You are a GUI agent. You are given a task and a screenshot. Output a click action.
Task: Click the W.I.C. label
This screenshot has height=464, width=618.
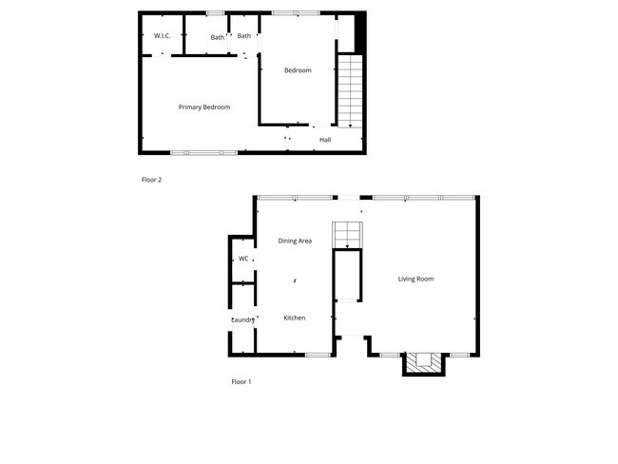[162, 36]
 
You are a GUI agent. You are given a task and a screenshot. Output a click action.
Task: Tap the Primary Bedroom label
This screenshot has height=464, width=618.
[204, 107]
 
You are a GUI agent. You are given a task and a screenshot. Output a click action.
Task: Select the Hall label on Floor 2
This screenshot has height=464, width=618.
[325, 140]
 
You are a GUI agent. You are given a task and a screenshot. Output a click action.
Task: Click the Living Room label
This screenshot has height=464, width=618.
[415, 279]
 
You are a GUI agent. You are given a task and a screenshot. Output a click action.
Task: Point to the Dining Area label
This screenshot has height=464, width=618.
[295, 241]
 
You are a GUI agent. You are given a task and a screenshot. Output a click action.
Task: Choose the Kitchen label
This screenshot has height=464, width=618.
[295, 318]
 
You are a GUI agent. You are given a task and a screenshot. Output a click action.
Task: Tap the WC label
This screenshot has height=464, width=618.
[243, 259]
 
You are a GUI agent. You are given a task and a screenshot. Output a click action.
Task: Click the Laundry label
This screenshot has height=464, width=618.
[243, 319]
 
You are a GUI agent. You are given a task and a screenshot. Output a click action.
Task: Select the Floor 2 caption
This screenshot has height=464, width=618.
[151, 179]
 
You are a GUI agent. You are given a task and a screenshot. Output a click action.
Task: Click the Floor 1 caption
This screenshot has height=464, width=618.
[241, 381]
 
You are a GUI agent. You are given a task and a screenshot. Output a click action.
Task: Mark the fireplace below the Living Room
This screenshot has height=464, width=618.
[423, 362]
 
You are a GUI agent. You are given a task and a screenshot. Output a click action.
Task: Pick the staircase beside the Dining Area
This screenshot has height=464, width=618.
[347, 234]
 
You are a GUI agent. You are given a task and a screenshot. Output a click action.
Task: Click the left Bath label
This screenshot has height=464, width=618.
[218, 37]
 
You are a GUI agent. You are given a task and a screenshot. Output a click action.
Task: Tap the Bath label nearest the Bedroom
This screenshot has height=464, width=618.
[244, 36]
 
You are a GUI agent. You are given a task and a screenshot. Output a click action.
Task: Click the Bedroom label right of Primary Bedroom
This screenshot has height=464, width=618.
[298, 70]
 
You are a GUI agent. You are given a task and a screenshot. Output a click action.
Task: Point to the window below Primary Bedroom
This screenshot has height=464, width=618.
[203, 152]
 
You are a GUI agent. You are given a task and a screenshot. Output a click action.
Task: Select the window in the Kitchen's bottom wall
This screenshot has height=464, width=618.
[318, 355]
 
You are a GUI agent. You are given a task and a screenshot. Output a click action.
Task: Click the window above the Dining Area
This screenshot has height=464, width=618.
[295, 198]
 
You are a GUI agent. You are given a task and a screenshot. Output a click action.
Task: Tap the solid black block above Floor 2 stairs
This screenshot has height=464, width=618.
[359, 32]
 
